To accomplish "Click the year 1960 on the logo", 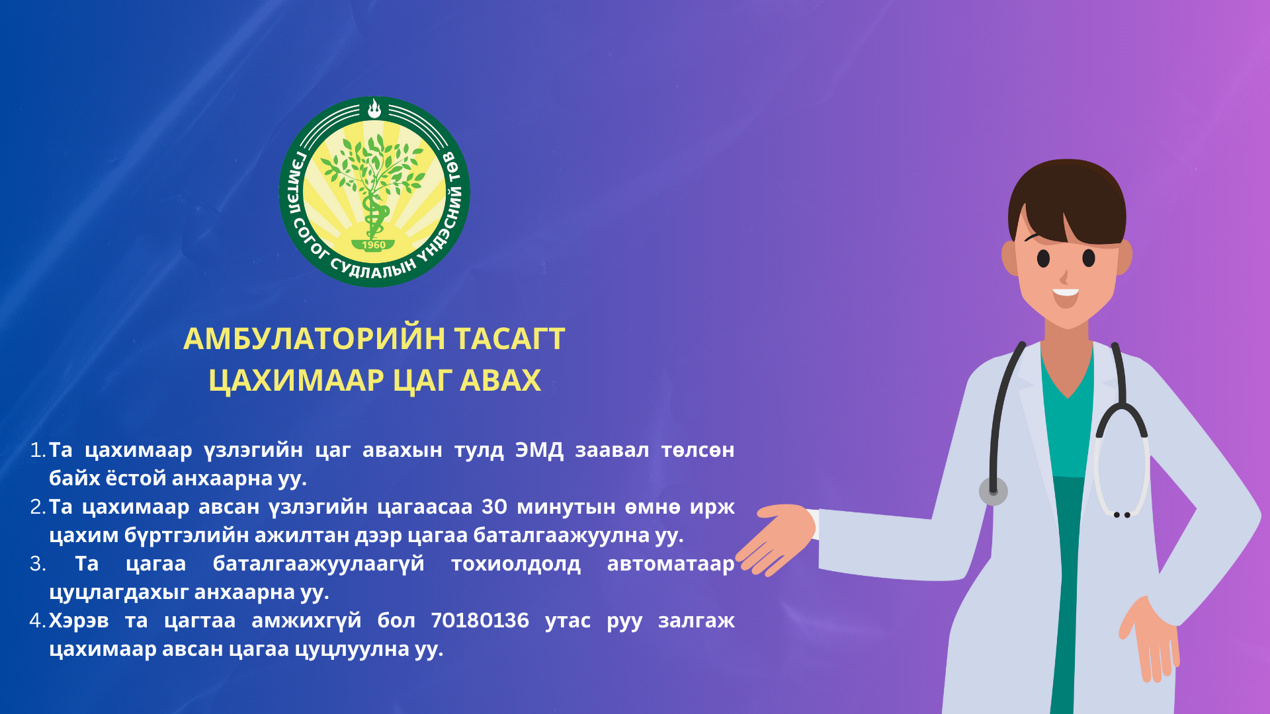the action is pos(374,245).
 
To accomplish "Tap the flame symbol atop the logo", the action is pos(374,108).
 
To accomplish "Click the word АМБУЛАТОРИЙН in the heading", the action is pos(314,338).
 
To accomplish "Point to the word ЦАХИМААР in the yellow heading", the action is pos(296,381).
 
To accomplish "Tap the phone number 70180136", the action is pos(480,620).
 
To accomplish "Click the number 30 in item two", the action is pos(494,506).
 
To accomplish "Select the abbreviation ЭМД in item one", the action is pos(539,450).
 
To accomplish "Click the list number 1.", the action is pos(37,450).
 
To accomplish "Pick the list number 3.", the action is pos(37,564).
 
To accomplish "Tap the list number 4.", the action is pos(37,620).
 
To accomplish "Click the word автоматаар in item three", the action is pos(671,564).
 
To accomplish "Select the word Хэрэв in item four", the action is pos(79,621).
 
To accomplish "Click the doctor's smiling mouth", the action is pos(1066,297).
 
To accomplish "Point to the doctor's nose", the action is pos(1064,276).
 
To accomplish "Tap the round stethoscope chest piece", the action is pos(993,491).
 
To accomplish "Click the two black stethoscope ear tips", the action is pos(1122,515).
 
